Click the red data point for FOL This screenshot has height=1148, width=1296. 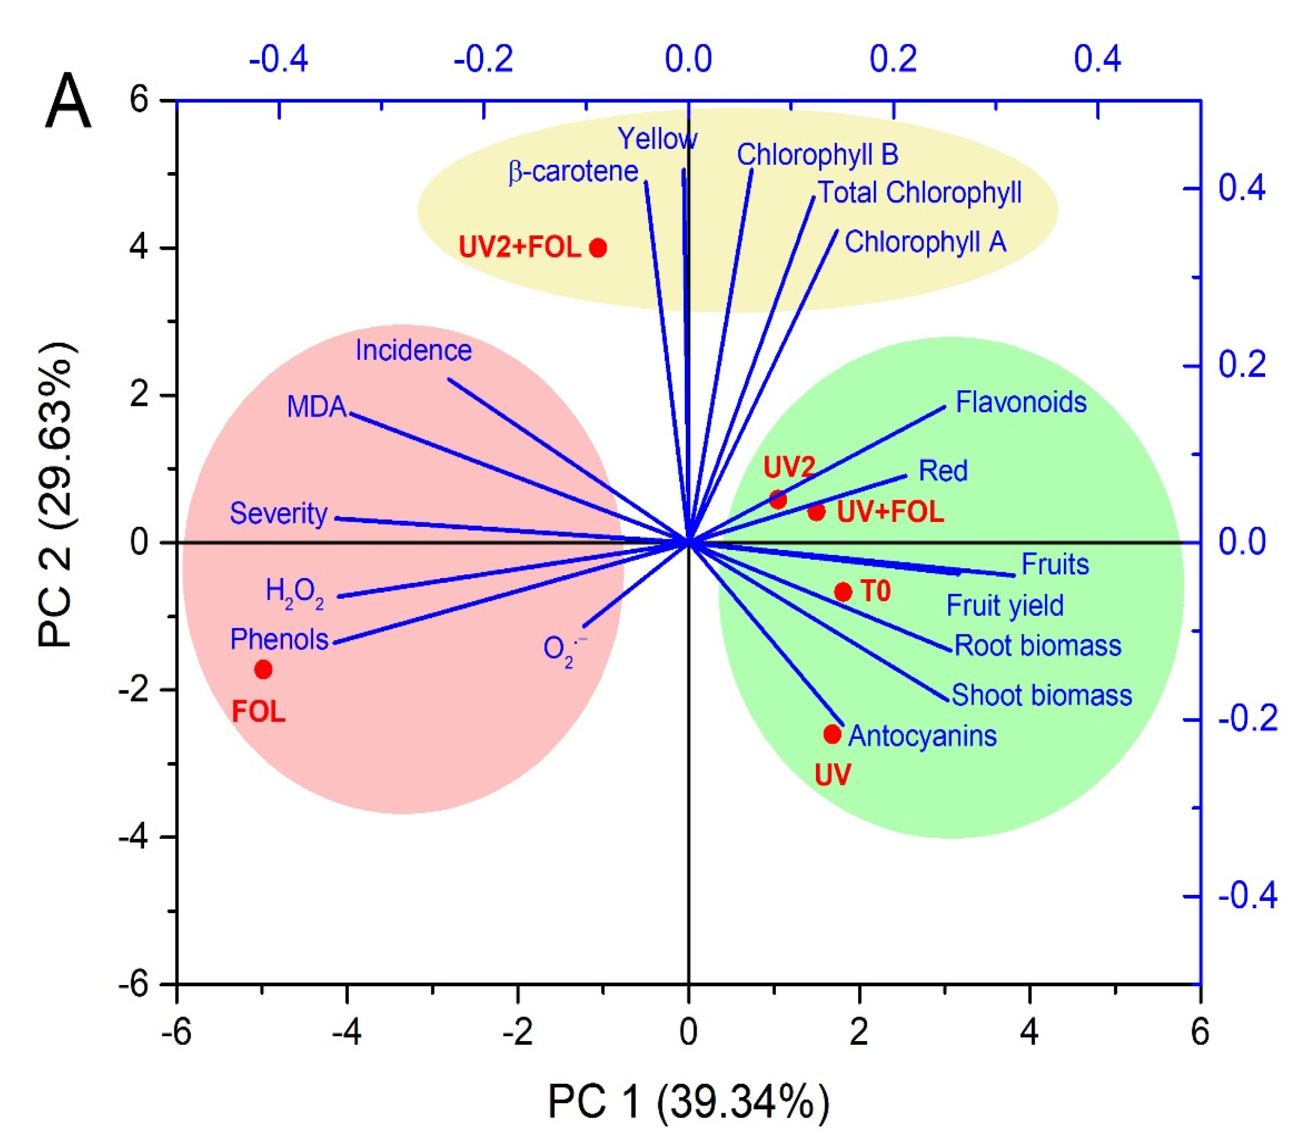[x=263, y=669]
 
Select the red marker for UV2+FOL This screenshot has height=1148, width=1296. [x=598, y=247]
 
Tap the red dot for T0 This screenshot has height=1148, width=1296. [x=842, y=592]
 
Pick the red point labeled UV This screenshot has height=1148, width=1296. [x=832, y=735]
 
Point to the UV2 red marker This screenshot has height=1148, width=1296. [x=778, y=499]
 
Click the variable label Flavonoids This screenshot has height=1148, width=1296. [x=1021, y=403]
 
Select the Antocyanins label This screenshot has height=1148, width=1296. [x=922, y=736]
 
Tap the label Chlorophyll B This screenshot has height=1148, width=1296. [x=818, y=155]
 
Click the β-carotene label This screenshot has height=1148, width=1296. [x=573, y=172]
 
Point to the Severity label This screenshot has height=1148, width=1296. [x=278, y=513]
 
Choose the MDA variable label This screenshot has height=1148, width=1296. [x=316, y=407]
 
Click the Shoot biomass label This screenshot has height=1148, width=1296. [x=1042, y=695]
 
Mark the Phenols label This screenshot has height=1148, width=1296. [x=279, y=640]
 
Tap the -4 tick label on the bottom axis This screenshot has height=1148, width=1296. [x=346, y=1032]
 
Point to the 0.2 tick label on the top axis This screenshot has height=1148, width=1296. [x=893, y=59]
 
